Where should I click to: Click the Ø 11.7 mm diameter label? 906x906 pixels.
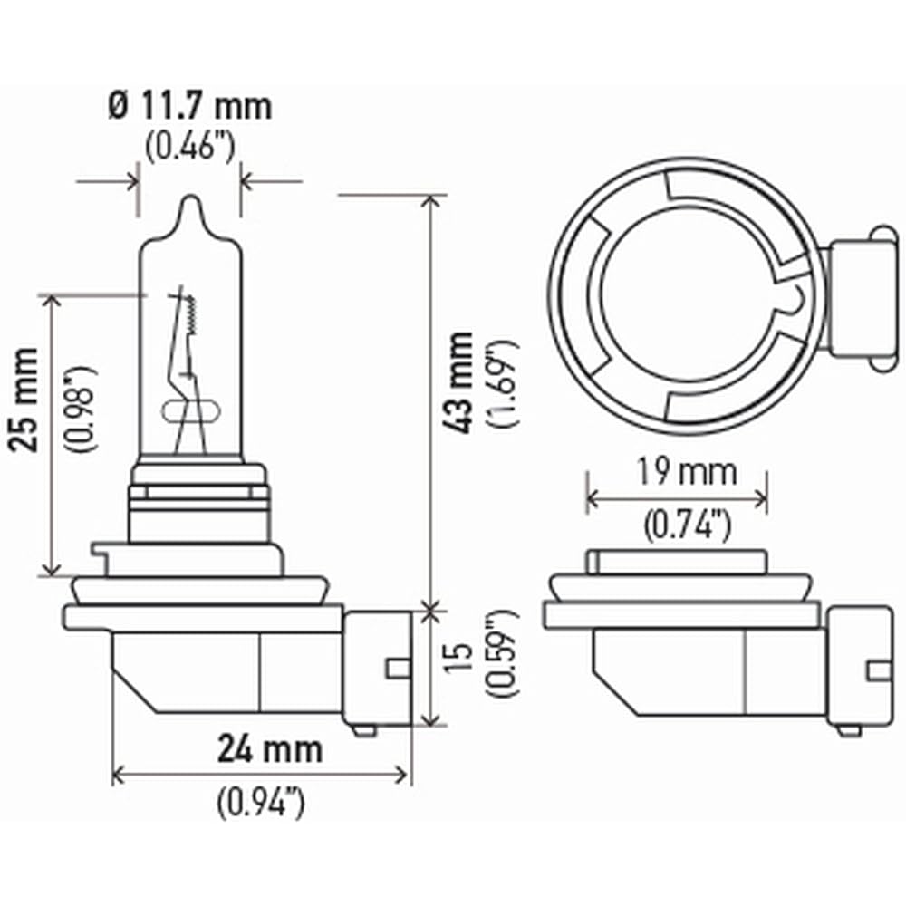(189, 107)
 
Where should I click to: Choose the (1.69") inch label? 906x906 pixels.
(504, 383)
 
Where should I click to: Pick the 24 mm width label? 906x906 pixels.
(269, 749)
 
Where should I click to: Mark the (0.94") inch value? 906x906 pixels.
(260, 804)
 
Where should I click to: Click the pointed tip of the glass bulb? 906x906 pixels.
(189, 201)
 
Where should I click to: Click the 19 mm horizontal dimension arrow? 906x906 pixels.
(677, 498)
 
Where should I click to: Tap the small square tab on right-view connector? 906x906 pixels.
(877, 670)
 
